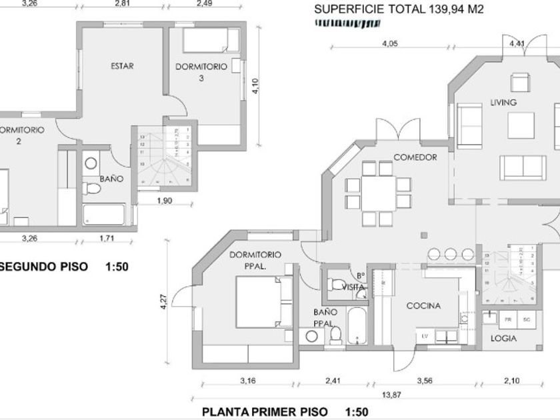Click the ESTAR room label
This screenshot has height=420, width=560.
(122, 66)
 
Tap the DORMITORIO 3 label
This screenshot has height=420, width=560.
(201, 72)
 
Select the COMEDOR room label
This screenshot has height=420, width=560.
(415, 157)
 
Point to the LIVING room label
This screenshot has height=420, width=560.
(503, 103)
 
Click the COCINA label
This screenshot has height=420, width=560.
(424, 306)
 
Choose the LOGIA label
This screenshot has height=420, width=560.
(503, 338)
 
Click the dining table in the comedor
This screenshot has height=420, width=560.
(378, 193)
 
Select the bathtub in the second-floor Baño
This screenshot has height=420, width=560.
(104, 215)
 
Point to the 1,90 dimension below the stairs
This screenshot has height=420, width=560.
(165, 200)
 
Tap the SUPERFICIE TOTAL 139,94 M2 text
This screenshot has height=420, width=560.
(398, 9)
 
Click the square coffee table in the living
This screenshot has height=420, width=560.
(521, 125)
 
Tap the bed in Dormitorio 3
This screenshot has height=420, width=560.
(211, 41)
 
